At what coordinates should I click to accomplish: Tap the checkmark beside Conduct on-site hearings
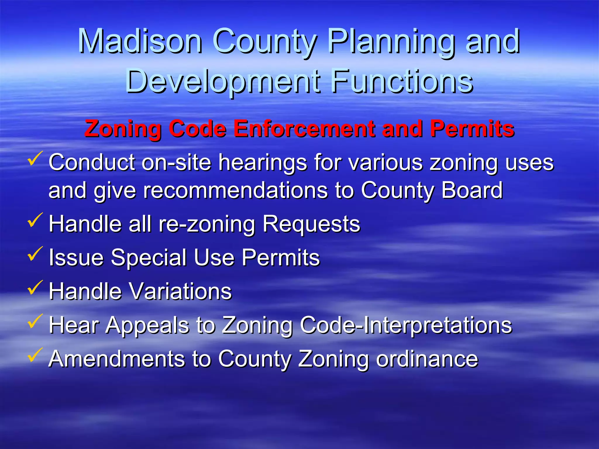coord(35,159)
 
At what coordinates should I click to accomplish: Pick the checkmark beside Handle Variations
coord(35,288)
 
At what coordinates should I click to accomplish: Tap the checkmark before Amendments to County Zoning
coord(35,355)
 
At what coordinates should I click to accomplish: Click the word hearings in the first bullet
coord(263,163)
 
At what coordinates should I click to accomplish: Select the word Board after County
coord(472,191)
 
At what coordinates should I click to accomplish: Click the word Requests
coord(311,224)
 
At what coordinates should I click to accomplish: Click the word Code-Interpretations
coord(406,325)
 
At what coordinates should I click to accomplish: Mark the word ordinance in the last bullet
coord(427,359)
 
